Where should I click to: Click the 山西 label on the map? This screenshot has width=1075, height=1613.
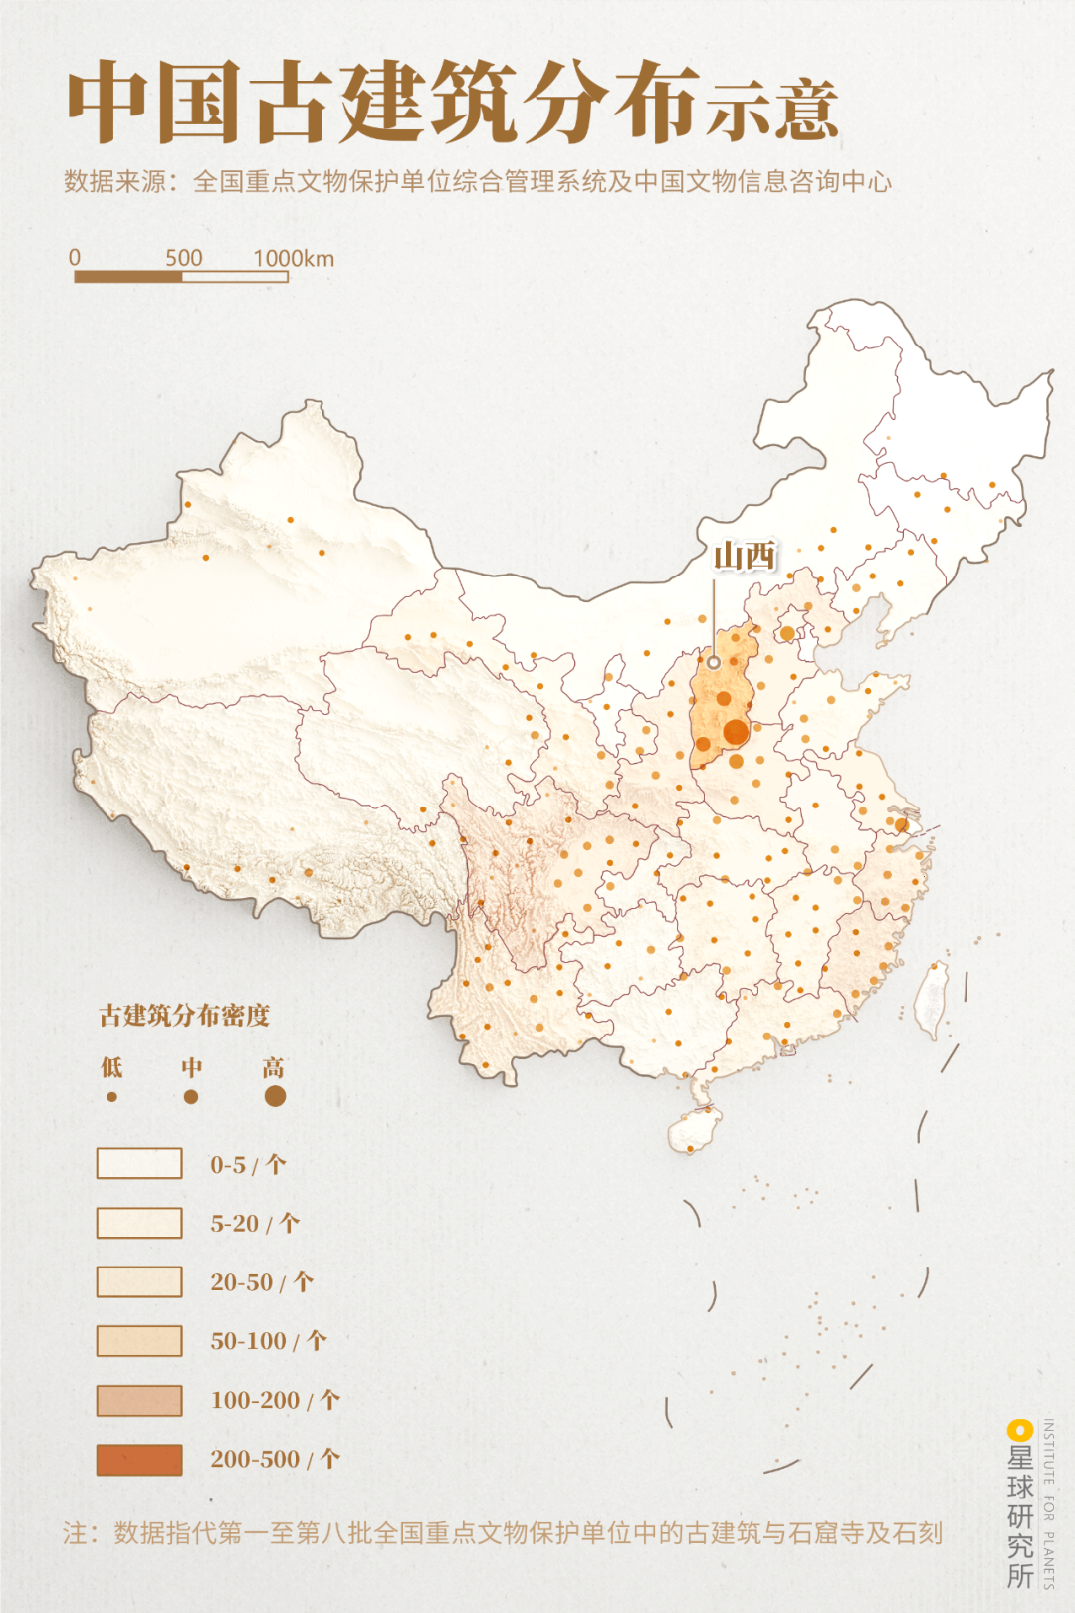(x=745, y=556)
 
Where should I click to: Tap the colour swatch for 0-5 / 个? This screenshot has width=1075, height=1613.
(x=139, y=1163)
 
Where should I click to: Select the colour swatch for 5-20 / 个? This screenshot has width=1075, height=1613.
(x=139, y=1223)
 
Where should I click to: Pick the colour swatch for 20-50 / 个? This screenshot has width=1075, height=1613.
(x=139, y=1281)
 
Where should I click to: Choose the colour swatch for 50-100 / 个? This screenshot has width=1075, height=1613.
(x=139, y=1341)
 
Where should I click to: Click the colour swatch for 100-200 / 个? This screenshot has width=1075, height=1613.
(x=139, y=1400)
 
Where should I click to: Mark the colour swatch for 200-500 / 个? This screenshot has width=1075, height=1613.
(x=139, y=1460)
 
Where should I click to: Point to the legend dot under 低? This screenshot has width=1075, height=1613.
(x=111, y=1097)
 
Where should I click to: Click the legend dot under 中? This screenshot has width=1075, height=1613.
(x=191, y=1097)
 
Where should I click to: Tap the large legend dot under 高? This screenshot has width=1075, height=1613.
(x=275, y=1096)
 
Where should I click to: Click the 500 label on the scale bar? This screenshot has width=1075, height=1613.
(x=183, y=258)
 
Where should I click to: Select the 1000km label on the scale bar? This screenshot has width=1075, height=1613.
(x=294, y=259)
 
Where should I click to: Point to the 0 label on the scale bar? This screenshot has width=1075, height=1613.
(x=75, y=258)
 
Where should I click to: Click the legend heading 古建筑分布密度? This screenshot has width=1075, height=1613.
(x=184, y=1016)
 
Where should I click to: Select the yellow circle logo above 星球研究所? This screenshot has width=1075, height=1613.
(x=1019, y=1431)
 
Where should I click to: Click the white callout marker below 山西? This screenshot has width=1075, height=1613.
(x=714, y=662)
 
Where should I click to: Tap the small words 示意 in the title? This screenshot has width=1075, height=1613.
(x=772, y=110)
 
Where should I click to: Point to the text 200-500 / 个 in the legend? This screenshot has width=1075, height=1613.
(x=275, y=1460)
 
